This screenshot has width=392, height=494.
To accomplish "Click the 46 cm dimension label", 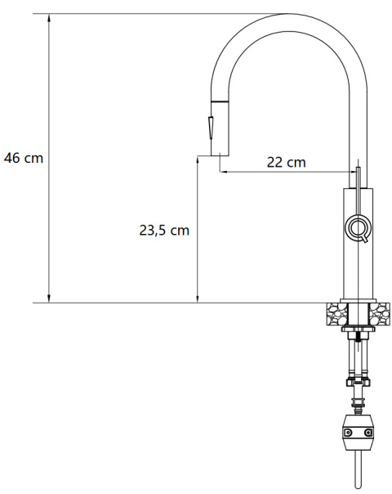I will (24, 158).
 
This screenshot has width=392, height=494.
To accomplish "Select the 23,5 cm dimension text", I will (164, 230).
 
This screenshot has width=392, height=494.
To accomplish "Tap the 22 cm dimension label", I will (287, 162).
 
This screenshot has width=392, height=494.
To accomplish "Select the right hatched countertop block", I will (380, 312).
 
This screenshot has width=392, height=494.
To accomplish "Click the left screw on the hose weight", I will (347, 433).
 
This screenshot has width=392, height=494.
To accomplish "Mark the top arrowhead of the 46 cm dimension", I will (49, 17).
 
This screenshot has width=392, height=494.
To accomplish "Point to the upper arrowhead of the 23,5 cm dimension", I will (198, 161).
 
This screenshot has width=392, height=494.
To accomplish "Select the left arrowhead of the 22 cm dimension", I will (222, 172).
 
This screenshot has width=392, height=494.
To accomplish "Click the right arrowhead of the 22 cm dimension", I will (353, 172).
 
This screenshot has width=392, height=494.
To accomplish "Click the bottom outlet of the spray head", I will (219, 155).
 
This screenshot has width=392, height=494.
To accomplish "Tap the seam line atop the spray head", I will (219, 100).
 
